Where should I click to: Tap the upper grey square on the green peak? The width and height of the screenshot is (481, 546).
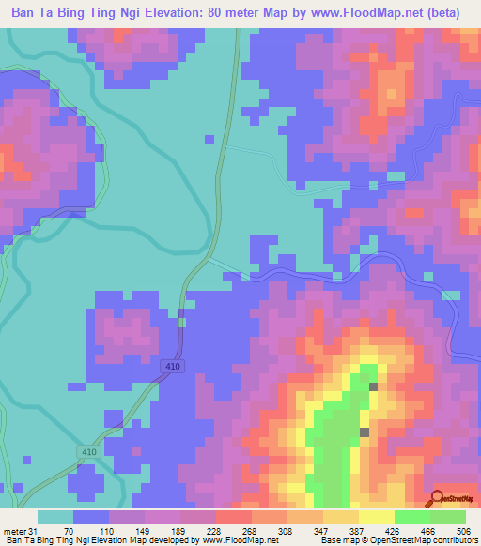pyautogui.click(x=373, y=387)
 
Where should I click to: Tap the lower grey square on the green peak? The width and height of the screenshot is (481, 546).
pyautogui.click(x=365, y=432)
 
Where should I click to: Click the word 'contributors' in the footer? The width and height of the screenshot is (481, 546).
pyautogui.click(x=453, y=541)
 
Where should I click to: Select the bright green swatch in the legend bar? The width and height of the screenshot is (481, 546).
pyautogui.click(x=411, y=517)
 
